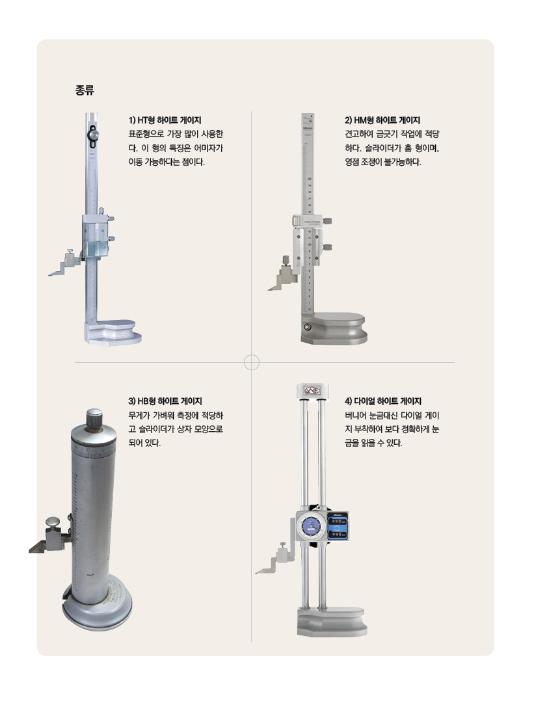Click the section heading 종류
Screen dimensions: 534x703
coord(85,90)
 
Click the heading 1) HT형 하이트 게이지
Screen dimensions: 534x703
coord(165,120)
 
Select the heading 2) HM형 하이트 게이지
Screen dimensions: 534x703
coord(382,120)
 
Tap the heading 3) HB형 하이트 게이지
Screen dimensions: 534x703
coord(165,401)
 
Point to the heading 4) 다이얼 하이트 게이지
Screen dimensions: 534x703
coord(383,401)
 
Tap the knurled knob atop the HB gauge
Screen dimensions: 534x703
coord(94,419)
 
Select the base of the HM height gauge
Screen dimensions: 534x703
coord(334,328)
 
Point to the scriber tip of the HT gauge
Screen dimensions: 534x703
coord(49,275)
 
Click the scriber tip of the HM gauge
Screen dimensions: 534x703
coord(269,289)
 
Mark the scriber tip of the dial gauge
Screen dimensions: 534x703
coord(256,572)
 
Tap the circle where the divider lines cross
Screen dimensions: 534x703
coord(252,362)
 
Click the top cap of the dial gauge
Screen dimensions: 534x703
coord(312,391)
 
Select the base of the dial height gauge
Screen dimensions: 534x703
coord(332,622)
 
